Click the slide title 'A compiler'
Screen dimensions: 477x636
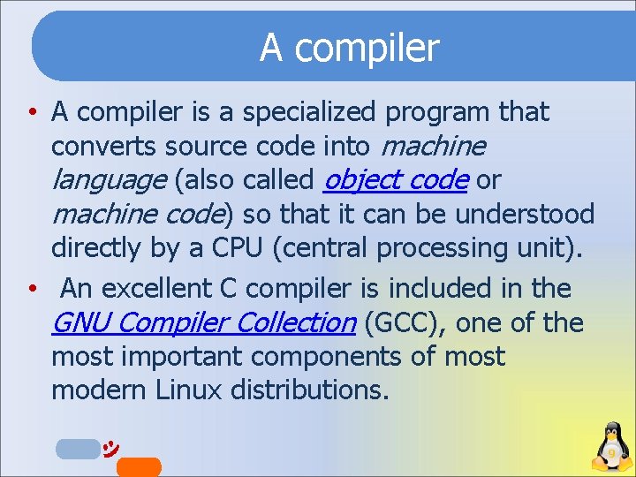(x=349, y=48)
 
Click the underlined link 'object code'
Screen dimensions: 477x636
(x=395, y=180)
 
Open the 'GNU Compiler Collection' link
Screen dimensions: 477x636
(x=203, y=323)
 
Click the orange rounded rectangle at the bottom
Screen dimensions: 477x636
(x=139, y=466)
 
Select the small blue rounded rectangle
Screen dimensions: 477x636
(x=78, y=449)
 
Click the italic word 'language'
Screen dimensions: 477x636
(x=109, y=180)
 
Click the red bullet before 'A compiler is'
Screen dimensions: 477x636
(x=31, y=113)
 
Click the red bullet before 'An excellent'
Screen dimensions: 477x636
(x=31, y=289)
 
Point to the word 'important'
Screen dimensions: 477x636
(x=179, y=357)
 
